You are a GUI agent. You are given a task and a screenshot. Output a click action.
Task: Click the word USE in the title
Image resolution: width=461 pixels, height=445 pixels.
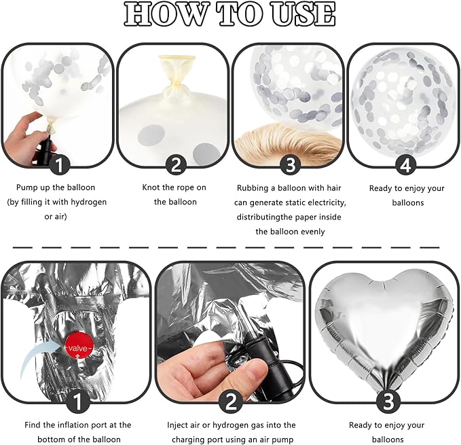[x=303, y=14]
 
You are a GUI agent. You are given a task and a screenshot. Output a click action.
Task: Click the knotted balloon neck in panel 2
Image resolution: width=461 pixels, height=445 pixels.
[x=177, y=77]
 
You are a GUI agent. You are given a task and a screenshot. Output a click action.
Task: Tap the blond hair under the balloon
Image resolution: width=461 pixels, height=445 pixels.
[x=290, y=142]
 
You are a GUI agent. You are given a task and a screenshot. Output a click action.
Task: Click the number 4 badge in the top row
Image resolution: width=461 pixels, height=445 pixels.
[x=405, y=165]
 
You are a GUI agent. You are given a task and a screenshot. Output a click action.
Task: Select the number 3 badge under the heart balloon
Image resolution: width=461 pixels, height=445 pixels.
[x=388, y=401]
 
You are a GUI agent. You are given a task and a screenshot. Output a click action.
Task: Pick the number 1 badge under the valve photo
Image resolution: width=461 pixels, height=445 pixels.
[x=77, y=401]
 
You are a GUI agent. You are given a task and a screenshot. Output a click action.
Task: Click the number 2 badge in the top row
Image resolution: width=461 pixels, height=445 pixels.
[x=176, y=165]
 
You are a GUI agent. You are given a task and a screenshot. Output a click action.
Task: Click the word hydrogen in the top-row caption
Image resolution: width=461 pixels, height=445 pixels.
[x=89, y=202]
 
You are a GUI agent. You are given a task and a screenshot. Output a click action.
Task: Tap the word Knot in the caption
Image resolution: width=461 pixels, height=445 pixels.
[x=151, y=188]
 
